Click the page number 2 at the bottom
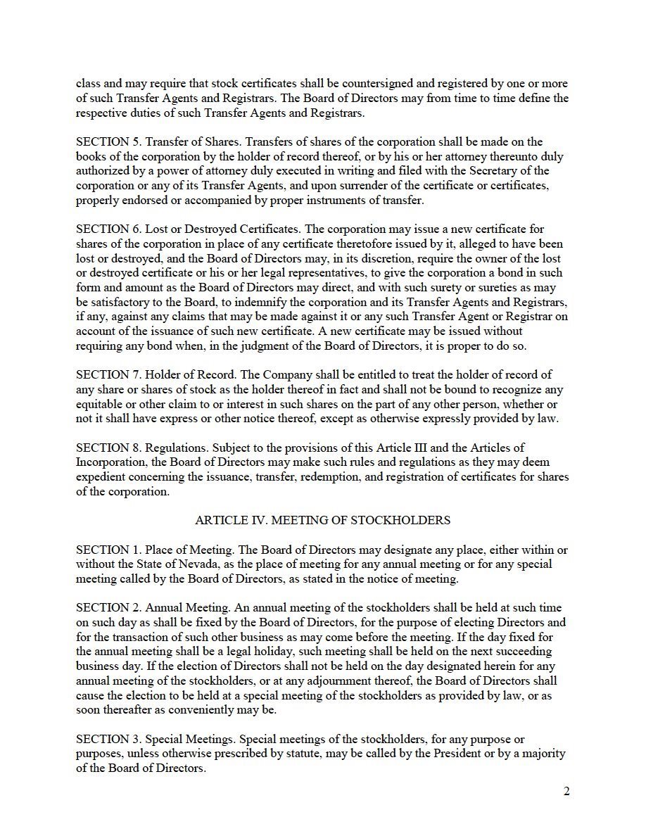tap(566, 792)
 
